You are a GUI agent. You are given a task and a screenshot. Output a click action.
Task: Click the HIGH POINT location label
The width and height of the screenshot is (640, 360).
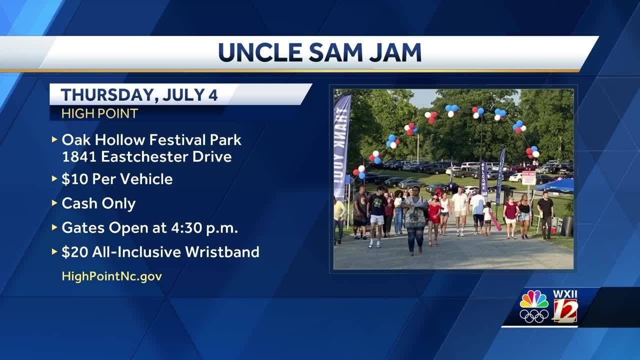[x=99, y=113]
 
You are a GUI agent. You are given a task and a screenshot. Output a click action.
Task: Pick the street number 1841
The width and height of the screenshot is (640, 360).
[x=78, y=156]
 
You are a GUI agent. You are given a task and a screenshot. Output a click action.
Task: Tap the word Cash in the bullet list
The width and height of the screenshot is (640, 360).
[x=78, y=203]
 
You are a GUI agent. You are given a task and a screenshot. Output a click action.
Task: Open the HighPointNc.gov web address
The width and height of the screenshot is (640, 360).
[x=111, y=276]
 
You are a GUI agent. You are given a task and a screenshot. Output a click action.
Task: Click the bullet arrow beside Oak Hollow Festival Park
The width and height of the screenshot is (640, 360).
[x=54, y=140]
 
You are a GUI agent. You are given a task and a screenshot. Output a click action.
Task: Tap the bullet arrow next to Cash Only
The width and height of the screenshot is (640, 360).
[x=54, y=203]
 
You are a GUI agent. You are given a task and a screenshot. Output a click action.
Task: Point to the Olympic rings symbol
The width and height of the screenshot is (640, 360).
[x=533, y=316]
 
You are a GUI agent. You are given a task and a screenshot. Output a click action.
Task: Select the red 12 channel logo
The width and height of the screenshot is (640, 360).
[x=565, y=311]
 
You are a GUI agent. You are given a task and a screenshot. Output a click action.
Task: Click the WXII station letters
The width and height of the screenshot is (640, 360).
[x=565, y=293]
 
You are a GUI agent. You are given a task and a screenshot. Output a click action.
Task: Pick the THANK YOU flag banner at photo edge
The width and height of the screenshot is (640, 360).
[x=341, y=145]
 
